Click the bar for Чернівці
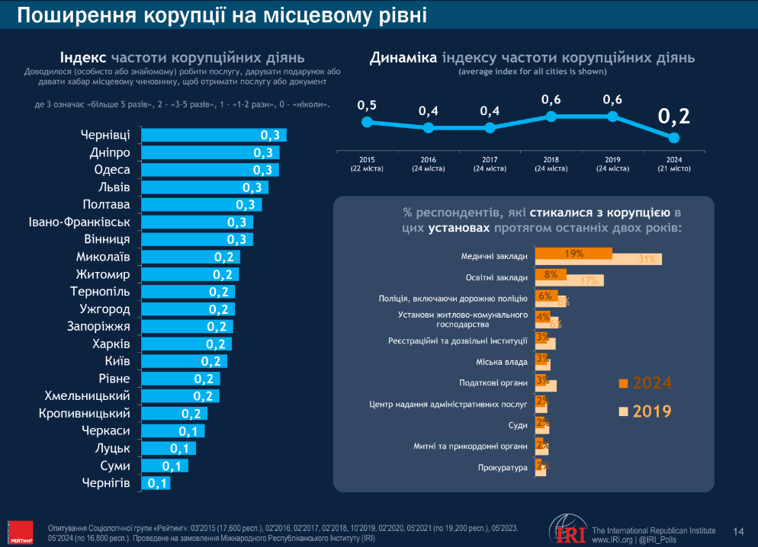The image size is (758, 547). tap(214, 135)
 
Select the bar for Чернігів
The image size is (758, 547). tap(156, 483)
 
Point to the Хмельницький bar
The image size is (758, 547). tap(179, 396)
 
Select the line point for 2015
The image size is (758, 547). tap(367, 122)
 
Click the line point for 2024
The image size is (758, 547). tap(673, 137)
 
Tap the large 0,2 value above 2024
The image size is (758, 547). tap(673, 116)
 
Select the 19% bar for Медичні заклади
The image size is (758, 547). tap(573, 253)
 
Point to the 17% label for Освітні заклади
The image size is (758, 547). tap(589, 280)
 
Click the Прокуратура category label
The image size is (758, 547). tap(503, 467)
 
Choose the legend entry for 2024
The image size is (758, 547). tap(645, 382)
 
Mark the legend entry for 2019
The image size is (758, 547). tap(645, 411)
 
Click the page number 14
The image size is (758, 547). tap(738, 531)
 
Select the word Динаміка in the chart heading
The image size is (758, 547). tap(403, 58)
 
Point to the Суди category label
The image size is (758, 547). tap(518, 424)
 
